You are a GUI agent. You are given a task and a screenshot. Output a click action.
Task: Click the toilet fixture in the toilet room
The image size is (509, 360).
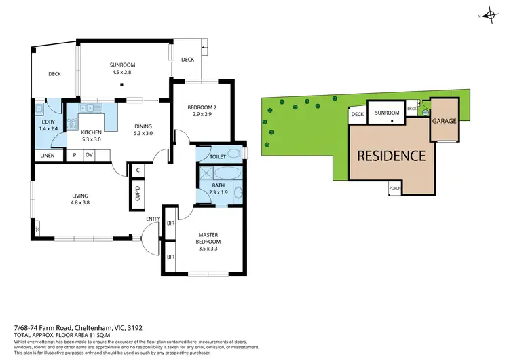coord(234,152)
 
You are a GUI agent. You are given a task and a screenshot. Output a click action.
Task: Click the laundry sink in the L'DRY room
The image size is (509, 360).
coord(41,109)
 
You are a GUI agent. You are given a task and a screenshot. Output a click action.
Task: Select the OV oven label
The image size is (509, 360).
coord(89,155)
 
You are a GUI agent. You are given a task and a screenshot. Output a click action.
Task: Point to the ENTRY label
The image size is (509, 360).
coord(153,218)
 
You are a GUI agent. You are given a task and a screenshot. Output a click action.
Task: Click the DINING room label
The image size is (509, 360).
coord(143,126)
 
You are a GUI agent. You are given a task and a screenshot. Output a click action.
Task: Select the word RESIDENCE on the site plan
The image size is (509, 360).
coord(392,156)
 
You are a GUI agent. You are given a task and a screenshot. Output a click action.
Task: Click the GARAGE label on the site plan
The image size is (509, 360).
coord(445,121)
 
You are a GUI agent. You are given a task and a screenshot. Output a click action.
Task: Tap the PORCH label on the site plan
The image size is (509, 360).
coord(394,188)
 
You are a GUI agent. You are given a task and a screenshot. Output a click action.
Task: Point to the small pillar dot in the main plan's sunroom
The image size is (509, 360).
coord(120,85)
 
